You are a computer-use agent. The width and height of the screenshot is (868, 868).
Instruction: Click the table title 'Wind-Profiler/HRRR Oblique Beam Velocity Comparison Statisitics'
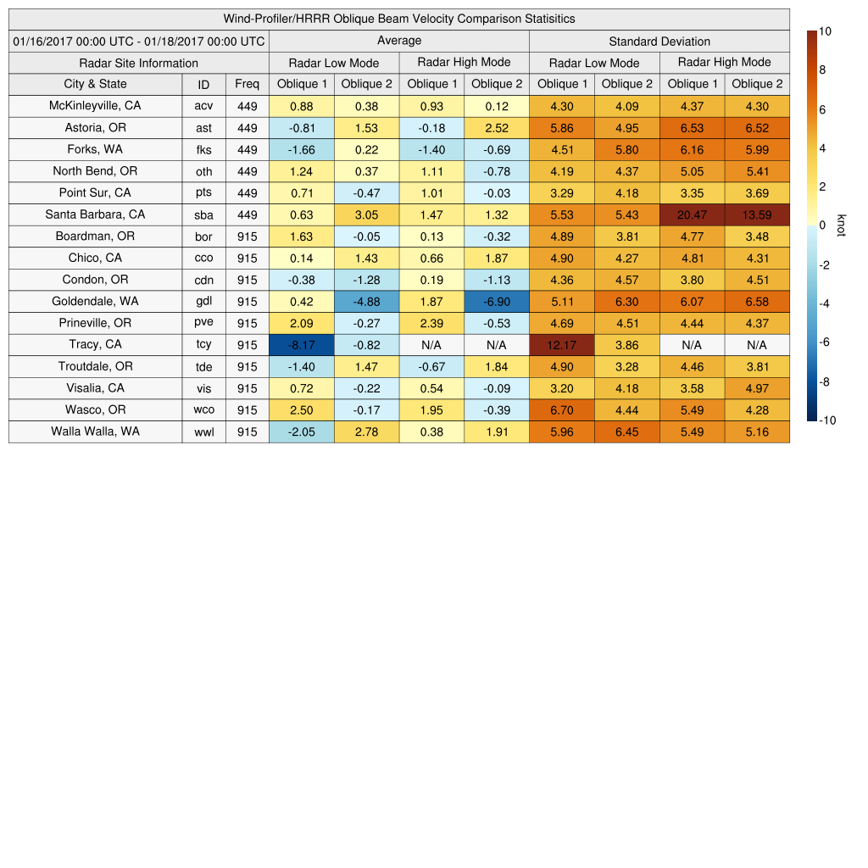tap(399, 19)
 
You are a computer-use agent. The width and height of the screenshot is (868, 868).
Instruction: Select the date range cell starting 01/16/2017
tap(139, 41)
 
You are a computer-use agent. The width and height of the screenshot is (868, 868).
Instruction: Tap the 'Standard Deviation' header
tap(659, 41)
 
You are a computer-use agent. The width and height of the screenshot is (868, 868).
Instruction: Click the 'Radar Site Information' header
tap(139, 63)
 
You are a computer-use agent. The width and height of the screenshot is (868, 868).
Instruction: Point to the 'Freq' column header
tap(248, 84)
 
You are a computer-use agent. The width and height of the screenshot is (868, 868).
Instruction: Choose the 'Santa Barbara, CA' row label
tap(96, 214)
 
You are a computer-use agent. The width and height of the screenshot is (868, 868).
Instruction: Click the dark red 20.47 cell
tap(692, 214)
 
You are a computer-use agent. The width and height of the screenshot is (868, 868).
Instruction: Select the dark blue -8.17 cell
tap(301, 345)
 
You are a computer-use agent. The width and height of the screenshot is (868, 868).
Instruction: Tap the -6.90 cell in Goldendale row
tap(496, 302)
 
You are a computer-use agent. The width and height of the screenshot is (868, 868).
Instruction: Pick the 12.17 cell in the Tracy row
tap(561, 345)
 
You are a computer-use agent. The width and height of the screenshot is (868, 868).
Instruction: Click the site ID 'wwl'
tap(204, 432)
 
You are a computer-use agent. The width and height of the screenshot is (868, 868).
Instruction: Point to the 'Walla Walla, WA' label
tap(96, 431)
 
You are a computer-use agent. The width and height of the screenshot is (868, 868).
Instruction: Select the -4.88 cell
tap(366, 302)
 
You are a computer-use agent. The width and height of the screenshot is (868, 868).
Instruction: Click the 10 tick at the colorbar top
tap(825, 31)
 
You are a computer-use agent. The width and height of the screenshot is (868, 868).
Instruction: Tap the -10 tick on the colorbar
tap(827, 420)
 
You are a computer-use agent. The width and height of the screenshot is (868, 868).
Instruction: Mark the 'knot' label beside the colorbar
tap(841, 225)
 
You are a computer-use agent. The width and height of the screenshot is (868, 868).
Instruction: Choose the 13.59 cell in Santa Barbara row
tap(756, 214)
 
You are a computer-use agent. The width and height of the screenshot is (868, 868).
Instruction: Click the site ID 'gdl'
tap(204, 302)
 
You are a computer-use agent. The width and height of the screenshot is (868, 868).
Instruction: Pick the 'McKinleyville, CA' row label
tap(96, 106)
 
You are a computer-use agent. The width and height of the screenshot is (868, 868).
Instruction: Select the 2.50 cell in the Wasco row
tap(301, 410)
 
